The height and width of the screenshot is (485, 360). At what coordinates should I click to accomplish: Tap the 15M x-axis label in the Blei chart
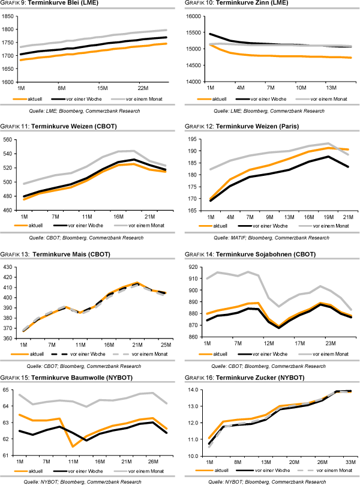coord(101,87)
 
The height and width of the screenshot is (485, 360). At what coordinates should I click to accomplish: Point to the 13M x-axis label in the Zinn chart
coord(331,87)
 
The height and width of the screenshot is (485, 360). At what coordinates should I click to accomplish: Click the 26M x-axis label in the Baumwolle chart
coord(152,462)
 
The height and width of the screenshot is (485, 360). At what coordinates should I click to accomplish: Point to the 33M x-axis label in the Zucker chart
coord(350,462)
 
